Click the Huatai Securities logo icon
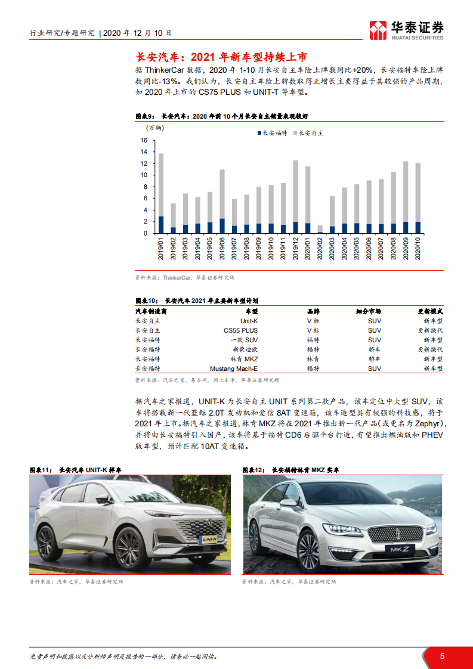tap(378, 29)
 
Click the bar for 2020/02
tap(320, 230)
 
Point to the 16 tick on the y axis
tap(143, 140)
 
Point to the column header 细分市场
tap(369, 311)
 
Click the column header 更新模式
tap(429, 311)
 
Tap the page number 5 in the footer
tap(442, 656)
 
